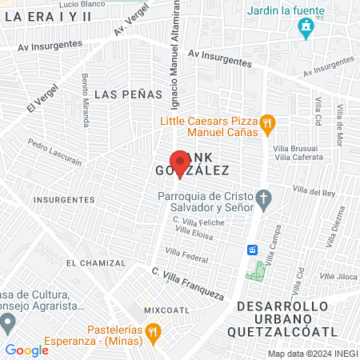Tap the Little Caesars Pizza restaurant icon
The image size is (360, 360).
pos(268,124)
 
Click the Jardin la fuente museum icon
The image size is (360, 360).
pos(305,30)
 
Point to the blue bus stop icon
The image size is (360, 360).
pos(252,249)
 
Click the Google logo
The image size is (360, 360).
pos(27,350)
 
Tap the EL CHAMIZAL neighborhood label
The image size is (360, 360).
pos(96,262)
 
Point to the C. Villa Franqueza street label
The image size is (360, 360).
pos(188,282)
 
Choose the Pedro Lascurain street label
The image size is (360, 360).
pos(54,152)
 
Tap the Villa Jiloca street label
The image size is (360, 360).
pos(341,277)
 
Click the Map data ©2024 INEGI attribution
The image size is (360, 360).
pos(312,354)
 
